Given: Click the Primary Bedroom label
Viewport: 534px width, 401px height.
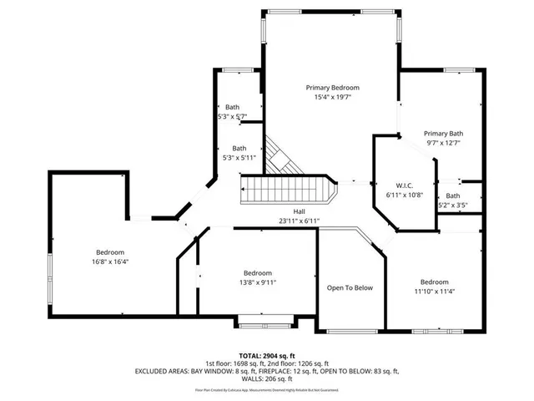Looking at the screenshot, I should [x=332, y=88].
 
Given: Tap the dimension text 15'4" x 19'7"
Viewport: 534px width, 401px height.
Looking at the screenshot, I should [x=332, y=97].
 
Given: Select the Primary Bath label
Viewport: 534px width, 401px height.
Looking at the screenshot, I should [x=443, y=134].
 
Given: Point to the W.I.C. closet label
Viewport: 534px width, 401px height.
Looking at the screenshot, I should [x=405, y=185].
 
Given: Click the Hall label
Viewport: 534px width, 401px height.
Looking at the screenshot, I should [x=298, y=211].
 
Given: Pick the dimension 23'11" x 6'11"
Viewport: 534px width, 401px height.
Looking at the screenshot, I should [x=298, y=221].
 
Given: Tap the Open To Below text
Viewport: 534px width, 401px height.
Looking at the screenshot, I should [x=350, y=287].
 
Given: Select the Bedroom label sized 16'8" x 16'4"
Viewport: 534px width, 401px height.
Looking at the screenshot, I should [x=109, y=252].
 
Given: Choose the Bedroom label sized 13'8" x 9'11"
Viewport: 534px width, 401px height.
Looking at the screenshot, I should [x=257, y=273].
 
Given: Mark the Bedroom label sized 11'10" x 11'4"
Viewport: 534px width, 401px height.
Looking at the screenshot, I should [x=434, y=282].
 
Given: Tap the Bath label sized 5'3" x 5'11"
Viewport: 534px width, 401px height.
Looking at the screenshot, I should [x=239, y=148].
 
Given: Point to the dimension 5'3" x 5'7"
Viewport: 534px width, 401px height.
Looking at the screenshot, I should [x=233, y=116].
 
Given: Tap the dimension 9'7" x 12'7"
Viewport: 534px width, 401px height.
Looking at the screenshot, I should [x=443, y=143].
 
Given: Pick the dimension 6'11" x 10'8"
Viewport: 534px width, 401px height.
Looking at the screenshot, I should [x=405, y=194].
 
